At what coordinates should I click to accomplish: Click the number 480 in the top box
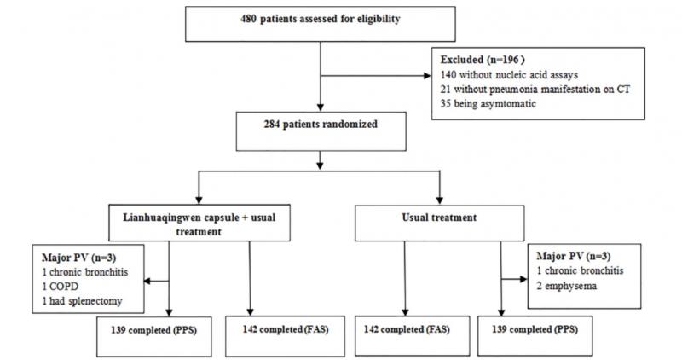(248, 19)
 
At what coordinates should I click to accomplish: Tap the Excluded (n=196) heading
(483, 60)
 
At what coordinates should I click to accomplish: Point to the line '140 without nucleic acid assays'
(509, 75)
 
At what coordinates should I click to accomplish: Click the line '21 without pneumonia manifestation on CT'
(535, 90)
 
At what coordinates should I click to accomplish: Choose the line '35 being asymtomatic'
(488, 103)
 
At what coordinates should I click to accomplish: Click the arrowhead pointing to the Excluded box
(427, 76)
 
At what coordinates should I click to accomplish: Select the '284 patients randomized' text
(321, 125)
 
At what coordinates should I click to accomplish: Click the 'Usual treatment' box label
(439, 218)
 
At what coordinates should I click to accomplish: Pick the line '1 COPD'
(60, 287)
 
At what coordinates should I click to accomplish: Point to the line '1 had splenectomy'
(82, 301)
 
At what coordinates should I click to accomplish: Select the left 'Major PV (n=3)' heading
(78, 258)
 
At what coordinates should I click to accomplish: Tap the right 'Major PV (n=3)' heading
(573, 257)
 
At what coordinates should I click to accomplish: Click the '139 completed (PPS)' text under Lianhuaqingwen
(153, 330)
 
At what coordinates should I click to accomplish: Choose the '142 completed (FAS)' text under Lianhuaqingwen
(286, 329)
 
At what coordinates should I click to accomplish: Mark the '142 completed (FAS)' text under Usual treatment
(407, 329)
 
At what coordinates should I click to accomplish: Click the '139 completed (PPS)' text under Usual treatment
(535, 329)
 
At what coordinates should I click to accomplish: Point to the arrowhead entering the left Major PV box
(147, 282)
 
